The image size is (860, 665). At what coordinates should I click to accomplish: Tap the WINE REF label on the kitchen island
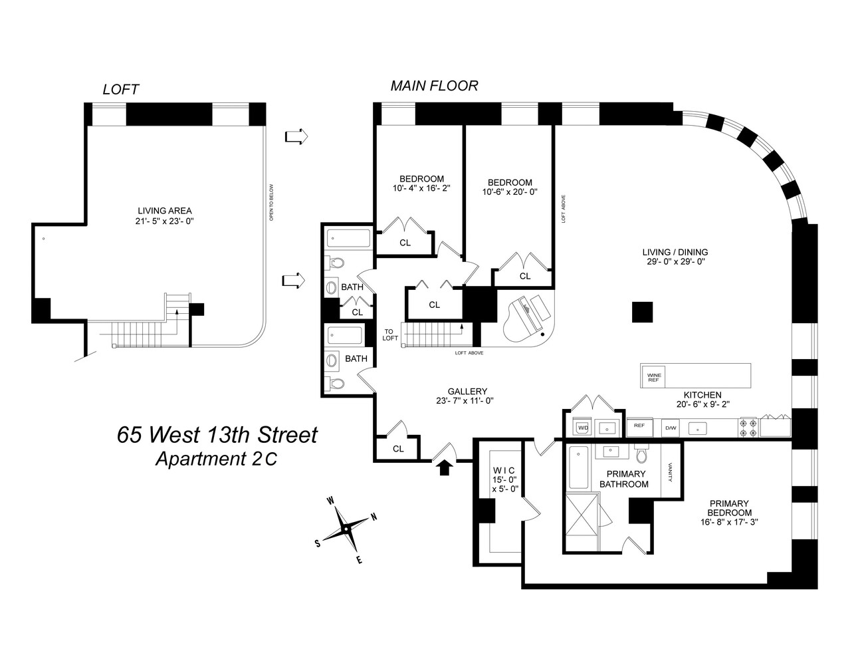point(653,377)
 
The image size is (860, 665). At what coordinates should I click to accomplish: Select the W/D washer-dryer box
point(582,427)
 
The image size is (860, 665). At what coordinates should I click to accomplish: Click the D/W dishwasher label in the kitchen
point(671,427)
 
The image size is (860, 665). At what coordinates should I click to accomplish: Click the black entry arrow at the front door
point(445,467)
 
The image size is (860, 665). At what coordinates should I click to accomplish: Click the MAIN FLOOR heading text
point(434,86)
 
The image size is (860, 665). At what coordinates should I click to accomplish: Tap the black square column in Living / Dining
point(642,312)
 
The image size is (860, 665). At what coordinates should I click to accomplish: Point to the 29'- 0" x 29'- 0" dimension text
point(675,262)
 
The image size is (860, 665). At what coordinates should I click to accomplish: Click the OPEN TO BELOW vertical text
point(271,202)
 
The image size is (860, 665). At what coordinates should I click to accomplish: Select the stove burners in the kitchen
point(747,427)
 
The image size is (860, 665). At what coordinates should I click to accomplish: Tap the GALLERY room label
point(467,391)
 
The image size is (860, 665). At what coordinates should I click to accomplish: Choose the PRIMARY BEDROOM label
point(729,508)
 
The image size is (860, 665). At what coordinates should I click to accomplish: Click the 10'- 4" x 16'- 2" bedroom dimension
point(421,189)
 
